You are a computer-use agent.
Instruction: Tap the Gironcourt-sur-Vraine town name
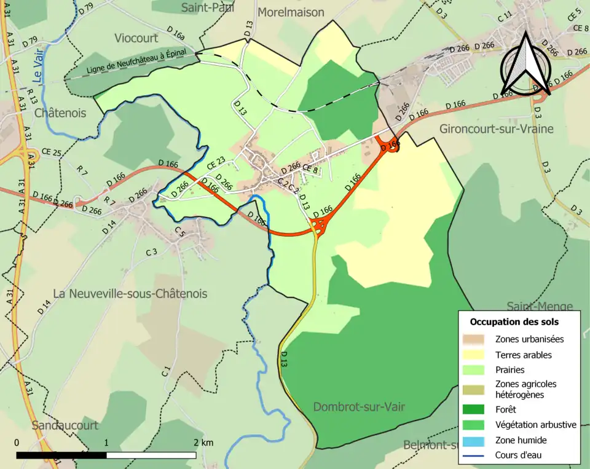[496, 129]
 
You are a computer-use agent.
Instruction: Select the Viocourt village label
[136, 38]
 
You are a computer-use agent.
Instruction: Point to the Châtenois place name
[60, 113]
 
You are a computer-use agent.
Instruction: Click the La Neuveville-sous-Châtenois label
[130, 294]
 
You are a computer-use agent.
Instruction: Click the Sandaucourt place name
[65, 425]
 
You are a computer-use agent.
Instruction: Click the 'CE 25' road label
[52, 152]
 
